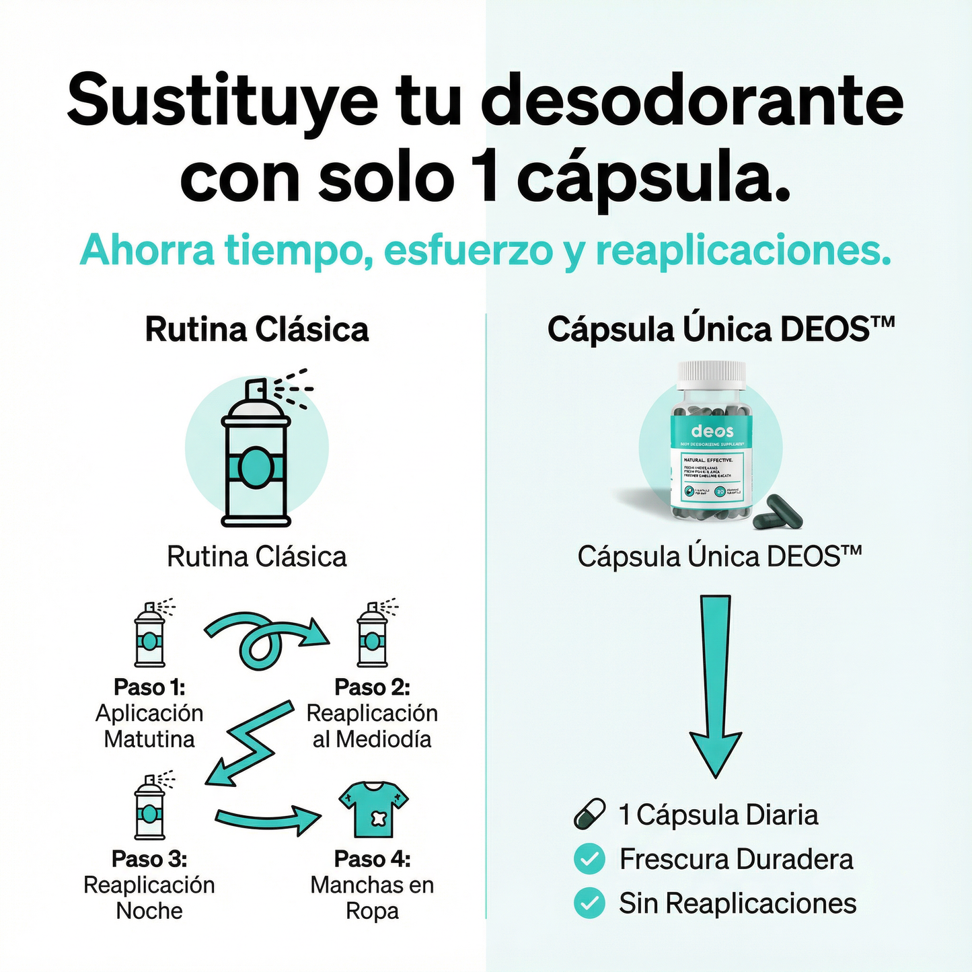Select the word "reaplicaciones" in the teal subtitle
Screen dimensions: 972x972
click(743, 250)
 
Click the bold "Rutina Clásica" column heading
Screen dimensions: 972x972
click(257, 330)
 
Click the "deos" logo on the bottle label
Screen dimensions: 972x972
click(712, 431)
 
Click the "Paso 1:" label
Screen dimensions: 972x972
click(149, 687)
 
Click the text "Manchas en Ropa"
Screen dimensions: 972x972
click(372, 897)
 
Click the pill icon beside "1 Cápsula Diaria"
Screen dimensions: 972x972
click(590, 814)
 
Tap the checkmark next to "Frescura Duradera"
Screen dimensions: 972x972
click(590, 859)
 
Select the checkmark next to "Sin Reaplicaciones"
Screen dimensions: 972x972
click(590, 903)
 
